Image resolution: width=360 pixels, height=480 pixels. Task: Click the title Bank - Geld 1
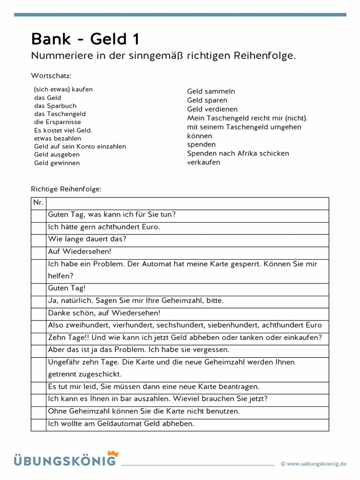[x=85, y=39]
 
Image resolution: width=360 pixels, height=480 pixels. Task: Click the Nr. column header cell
[x=38, y=203]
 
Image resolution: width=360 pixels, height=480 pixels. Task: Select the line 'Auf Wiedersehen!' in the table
[x=79, y=252]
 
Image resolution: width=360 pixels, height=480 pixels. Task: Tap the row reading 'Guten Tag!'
[x=67, y=288]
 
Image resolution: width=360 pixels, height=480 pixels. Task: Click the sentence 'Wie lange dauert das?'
[x=87, y=239]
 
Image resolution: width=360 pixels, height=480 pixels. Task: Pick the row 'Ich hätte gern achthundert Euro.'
[x=104, y=227]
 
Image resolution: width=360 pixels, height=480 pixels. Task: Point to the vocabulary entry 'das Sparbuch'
[x=55, y=106]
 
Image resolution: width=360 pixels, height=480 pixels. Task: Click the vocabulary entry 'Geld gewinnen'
[x=57, y=163]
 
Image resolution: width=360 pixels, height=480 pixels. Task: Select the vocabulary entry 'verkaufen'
[x=203, y=162]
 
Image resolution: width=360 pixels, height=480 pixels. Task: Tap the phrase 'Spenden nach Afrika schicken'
[x=238, y=153]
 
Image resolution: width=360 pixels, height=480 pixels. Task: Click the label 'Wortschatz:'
[x=51, y=75]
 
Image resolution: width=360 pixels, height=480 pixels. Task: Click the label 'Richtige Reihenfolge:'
[x=66, y=189]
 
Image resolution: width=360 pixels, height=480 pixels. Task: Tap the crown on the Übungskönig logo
[x=113, y=454]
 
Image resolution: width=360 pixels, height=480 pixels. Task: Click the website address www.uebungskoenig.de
[x=316, y=464]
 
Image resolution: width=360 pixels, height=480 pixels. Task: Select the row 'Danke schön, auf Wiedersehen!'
[x=104, y=313]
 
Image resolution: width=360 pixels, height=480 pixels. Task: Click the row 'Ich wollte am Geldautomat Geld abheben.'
[x=120, y=424]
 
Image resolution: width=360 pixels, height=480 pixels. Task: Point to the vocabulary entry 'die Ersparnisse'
[x=57, y=122]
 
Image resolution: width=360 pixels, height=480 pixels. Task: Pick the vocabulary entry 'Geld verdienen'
[x=212, y=109]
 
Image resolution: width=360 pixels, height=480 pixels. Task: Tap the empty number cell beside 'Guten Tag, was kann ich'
[x=38, y=215]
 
